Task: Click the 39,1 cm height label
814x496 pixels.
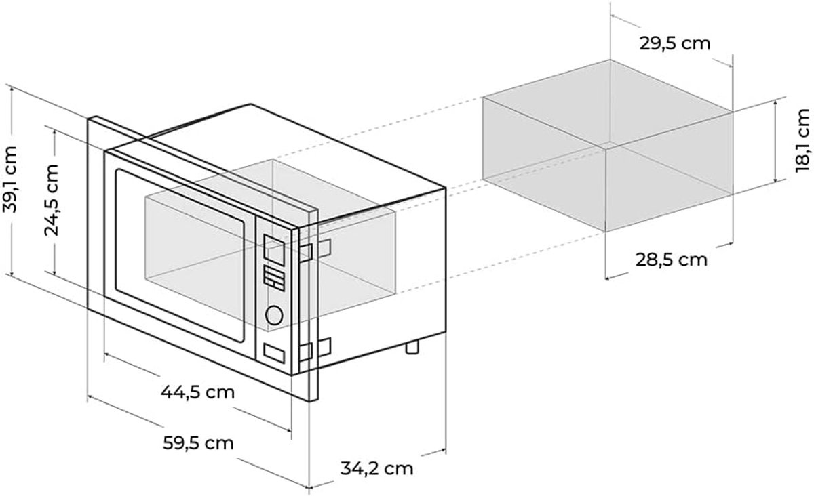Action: click(x=9, y=180)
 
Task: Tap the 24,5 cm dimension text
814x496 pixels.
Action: click(x=52, y=200)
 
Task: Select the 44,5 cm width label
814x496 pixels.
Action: click(x=197, y=392)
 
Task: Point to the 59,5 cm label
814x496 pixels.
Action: click(x=198, y=443)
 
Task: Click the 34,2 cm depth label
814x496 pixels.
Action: click(x=377, y=469)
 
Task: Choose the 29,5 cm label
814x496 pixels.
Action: click(x=675, y=44)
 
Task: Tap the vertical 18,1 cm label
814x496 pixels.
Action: click(x=802, y=140)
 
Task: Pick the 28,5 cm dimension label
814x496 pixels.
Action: click(x=672, y=260)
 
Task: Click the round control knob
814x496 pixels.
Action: click(x=274, y=315)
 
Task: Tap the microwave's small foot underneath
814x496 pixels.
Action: click(x=412, y=347)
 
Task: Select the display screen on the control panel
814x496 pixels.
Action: click(x=274, y=250)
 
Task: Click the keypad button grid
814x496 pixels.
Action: click(x=274, y=278)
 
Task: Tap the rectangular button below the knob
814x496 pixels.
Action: click(x=274, y=353)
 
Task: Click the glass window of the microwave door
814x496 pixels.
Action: click(x=180, y=255)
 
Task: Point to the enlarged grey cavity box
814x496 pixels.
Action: click(x=608, y=146)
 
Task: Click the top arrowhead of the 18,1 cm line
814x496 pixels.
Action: click(x=775, y=102)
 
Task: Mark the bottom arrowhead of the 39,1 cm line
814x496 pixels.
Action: click(x=12, y=273)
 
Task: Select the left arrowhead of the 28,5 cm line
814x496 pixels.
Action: click(x=608, y=278)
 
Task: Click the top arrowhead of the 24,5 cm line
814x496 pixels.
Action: click(x=54, y=133)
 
